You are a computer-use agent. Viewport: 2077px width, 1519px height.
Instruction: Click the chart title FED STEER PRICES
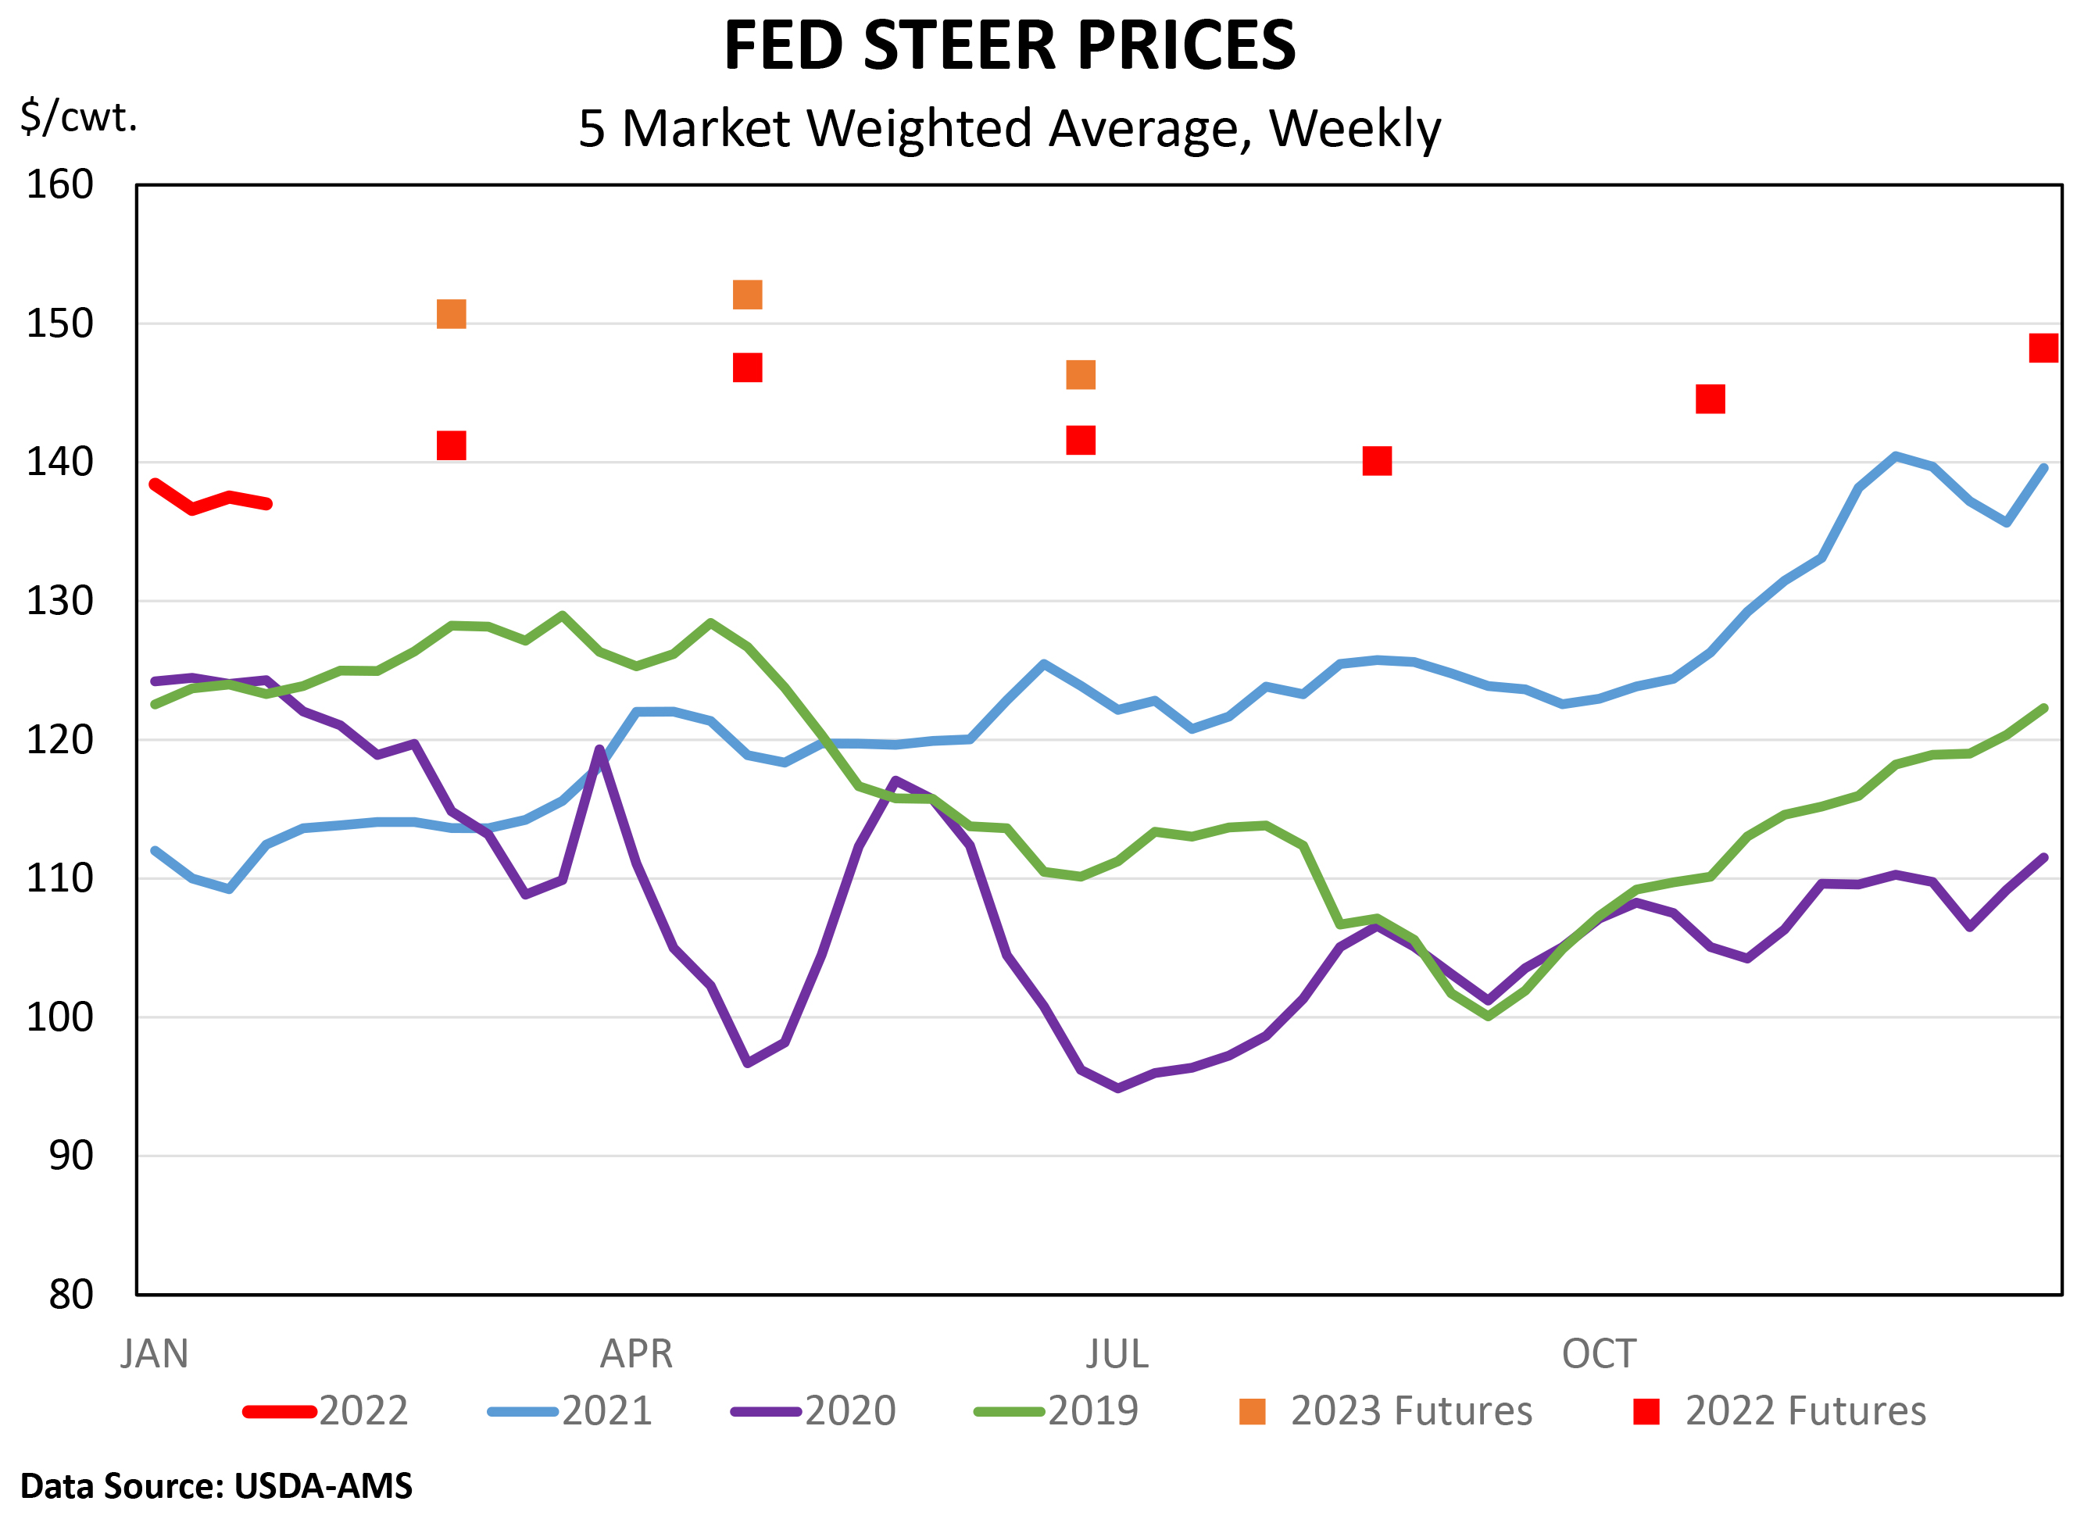1009,46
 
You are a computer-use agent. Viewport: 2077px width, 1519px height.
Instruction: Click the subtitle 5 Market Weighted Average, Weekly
1009,128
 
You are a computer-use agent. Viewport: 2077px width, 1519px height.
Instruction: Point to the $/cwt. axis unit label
79,116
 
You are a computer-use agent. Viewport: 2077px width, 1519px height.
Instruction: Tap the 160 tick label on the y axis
59,185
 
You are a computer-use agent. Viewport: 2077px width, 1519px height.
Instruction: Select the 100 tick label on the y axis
59,1017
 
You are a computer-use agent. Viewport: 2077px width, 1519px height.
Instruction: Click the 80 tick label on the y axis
71,1295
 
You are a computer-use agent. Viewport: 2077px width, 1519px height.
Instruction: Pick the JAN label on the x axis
155,1354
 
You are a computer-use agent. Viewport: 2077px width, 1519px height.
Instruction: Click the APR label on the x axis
636,1354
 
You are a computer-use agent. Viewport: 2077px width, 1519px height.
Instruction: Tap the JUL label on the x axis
1117,1354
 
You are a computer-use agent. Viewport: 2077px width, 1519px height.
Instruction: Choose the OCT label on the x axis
1599,1354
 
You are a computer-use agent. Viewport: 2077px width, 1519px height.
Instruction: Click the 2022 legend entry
327,1411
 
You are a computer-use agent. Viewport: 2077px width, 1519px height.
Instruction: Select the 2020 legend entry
813,1411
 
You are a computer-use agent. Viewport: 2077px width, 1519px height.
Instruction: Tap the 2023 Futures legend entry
1385,1411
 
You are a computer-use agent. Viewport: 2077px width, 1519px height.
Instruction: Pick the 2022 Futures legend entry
1779,1411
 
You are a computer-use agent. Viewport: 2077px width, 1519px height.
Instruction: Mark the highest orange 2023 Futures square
748,295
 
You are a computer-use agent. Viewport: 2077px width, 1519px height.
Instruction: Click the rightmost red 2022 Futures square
2043,348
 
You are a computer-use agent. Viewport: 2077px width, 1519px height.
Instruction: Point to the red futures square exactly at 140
1376,461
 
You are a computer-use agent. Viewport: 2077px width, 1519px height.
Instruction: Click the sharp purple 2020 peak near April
599,749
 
